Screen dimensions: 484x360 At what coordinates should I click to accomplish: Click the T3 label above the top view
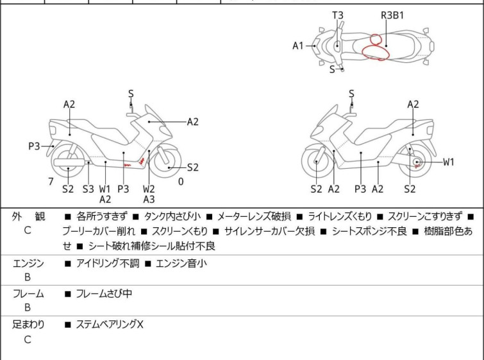338,15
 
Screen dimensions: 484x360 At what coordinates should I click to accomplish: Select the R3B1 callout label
392,15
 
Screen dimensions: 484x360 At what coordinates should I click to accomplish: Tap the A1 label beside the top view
298,46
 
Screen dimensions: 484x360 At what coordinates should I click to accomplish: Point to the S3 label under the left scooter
88,189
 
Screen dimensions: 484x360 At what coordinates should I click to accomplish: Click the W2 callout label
149,189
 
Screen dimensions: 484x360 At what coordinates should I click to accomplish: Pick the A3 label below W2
149,200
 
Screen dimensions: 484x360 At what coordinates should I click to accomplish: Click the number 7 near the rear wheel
51,182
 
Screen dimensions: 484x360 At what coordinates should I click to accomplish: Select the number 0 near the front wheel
181,182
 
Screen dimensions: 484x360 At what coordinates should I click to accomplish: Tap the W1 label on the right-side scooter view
449,162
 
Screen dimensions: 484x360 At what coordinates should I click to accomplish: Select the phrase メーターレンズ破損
254,216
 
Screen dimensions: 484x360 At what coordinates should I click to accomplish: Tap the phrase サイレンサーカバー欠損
269,231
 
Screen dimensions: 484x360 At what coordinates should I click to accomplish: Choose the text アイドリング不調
108,263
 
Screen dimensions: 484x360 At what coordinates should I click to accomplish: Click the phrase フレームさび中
104,293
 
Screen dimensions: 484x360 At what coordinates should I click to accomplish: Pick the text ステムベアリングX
110,324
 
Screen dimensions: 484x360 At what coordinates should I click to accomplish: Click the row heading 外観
28,216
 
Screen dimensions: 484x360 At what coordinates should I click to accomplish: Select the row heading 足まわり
28,324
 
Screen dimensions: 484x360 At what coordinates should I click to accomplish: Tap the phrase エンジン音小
181,263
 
